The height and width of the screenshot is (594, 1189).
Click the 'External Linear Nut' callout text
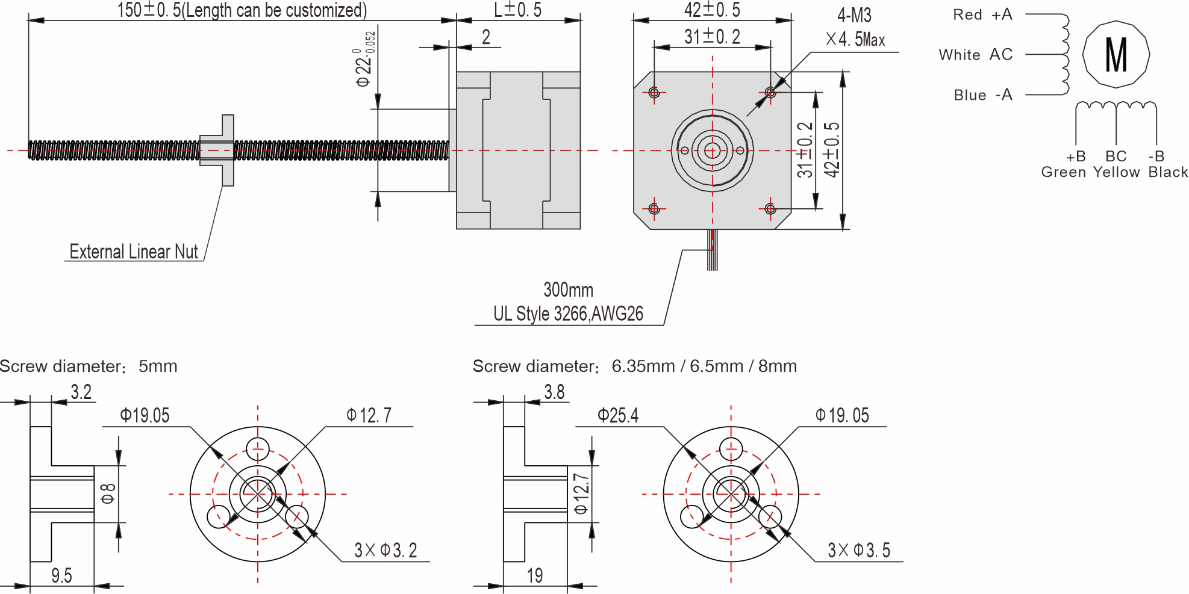(x=133, y=252)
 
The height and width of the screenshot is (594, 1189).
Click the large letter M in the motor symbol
(x=1116, y=55)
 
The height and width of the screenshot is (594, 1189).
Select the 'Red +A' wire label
(x=982, y=15)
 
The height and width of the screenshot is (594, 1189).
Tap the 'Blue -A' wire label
(x=982, y=95)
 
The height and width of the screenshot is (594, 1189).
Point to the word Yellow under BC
(x=1116, y=172)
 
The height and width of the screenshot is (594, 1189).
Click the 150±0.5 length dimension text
(x=241, y=10)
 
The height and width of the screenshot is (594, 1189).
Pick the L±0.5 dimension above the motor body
(x=517, y=10)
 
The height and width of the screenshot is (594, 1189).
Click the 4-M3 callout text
(x=854, y=16)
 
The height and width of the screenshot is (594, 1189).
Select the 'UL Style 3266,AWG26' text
(x=568, y=314)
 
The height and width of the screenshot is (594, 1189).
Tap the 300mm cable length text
(x=568, y=290)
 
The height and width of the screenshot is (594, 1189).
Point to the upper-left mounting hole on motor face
(x=655, y=92)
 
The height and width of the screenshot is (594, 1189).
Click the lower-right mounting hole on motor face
(x=770, y=209)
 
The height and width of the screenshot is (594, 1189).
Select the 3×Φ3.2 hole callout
(x=385, y=550)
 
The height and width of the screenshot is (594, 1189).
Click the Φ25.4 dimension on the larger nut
(x=617, y=415)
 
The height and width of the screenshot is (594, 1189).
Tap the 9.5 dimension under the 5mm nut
(x=61, y=576)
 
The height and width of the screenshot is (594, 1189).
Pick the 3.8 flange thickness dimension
(x=554, y=392)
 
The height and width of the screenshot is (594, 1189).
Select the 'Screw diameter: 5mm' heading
(x=89, y=366)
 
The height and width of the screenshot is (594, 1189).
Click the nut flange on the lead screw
(x=228, y=150)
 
